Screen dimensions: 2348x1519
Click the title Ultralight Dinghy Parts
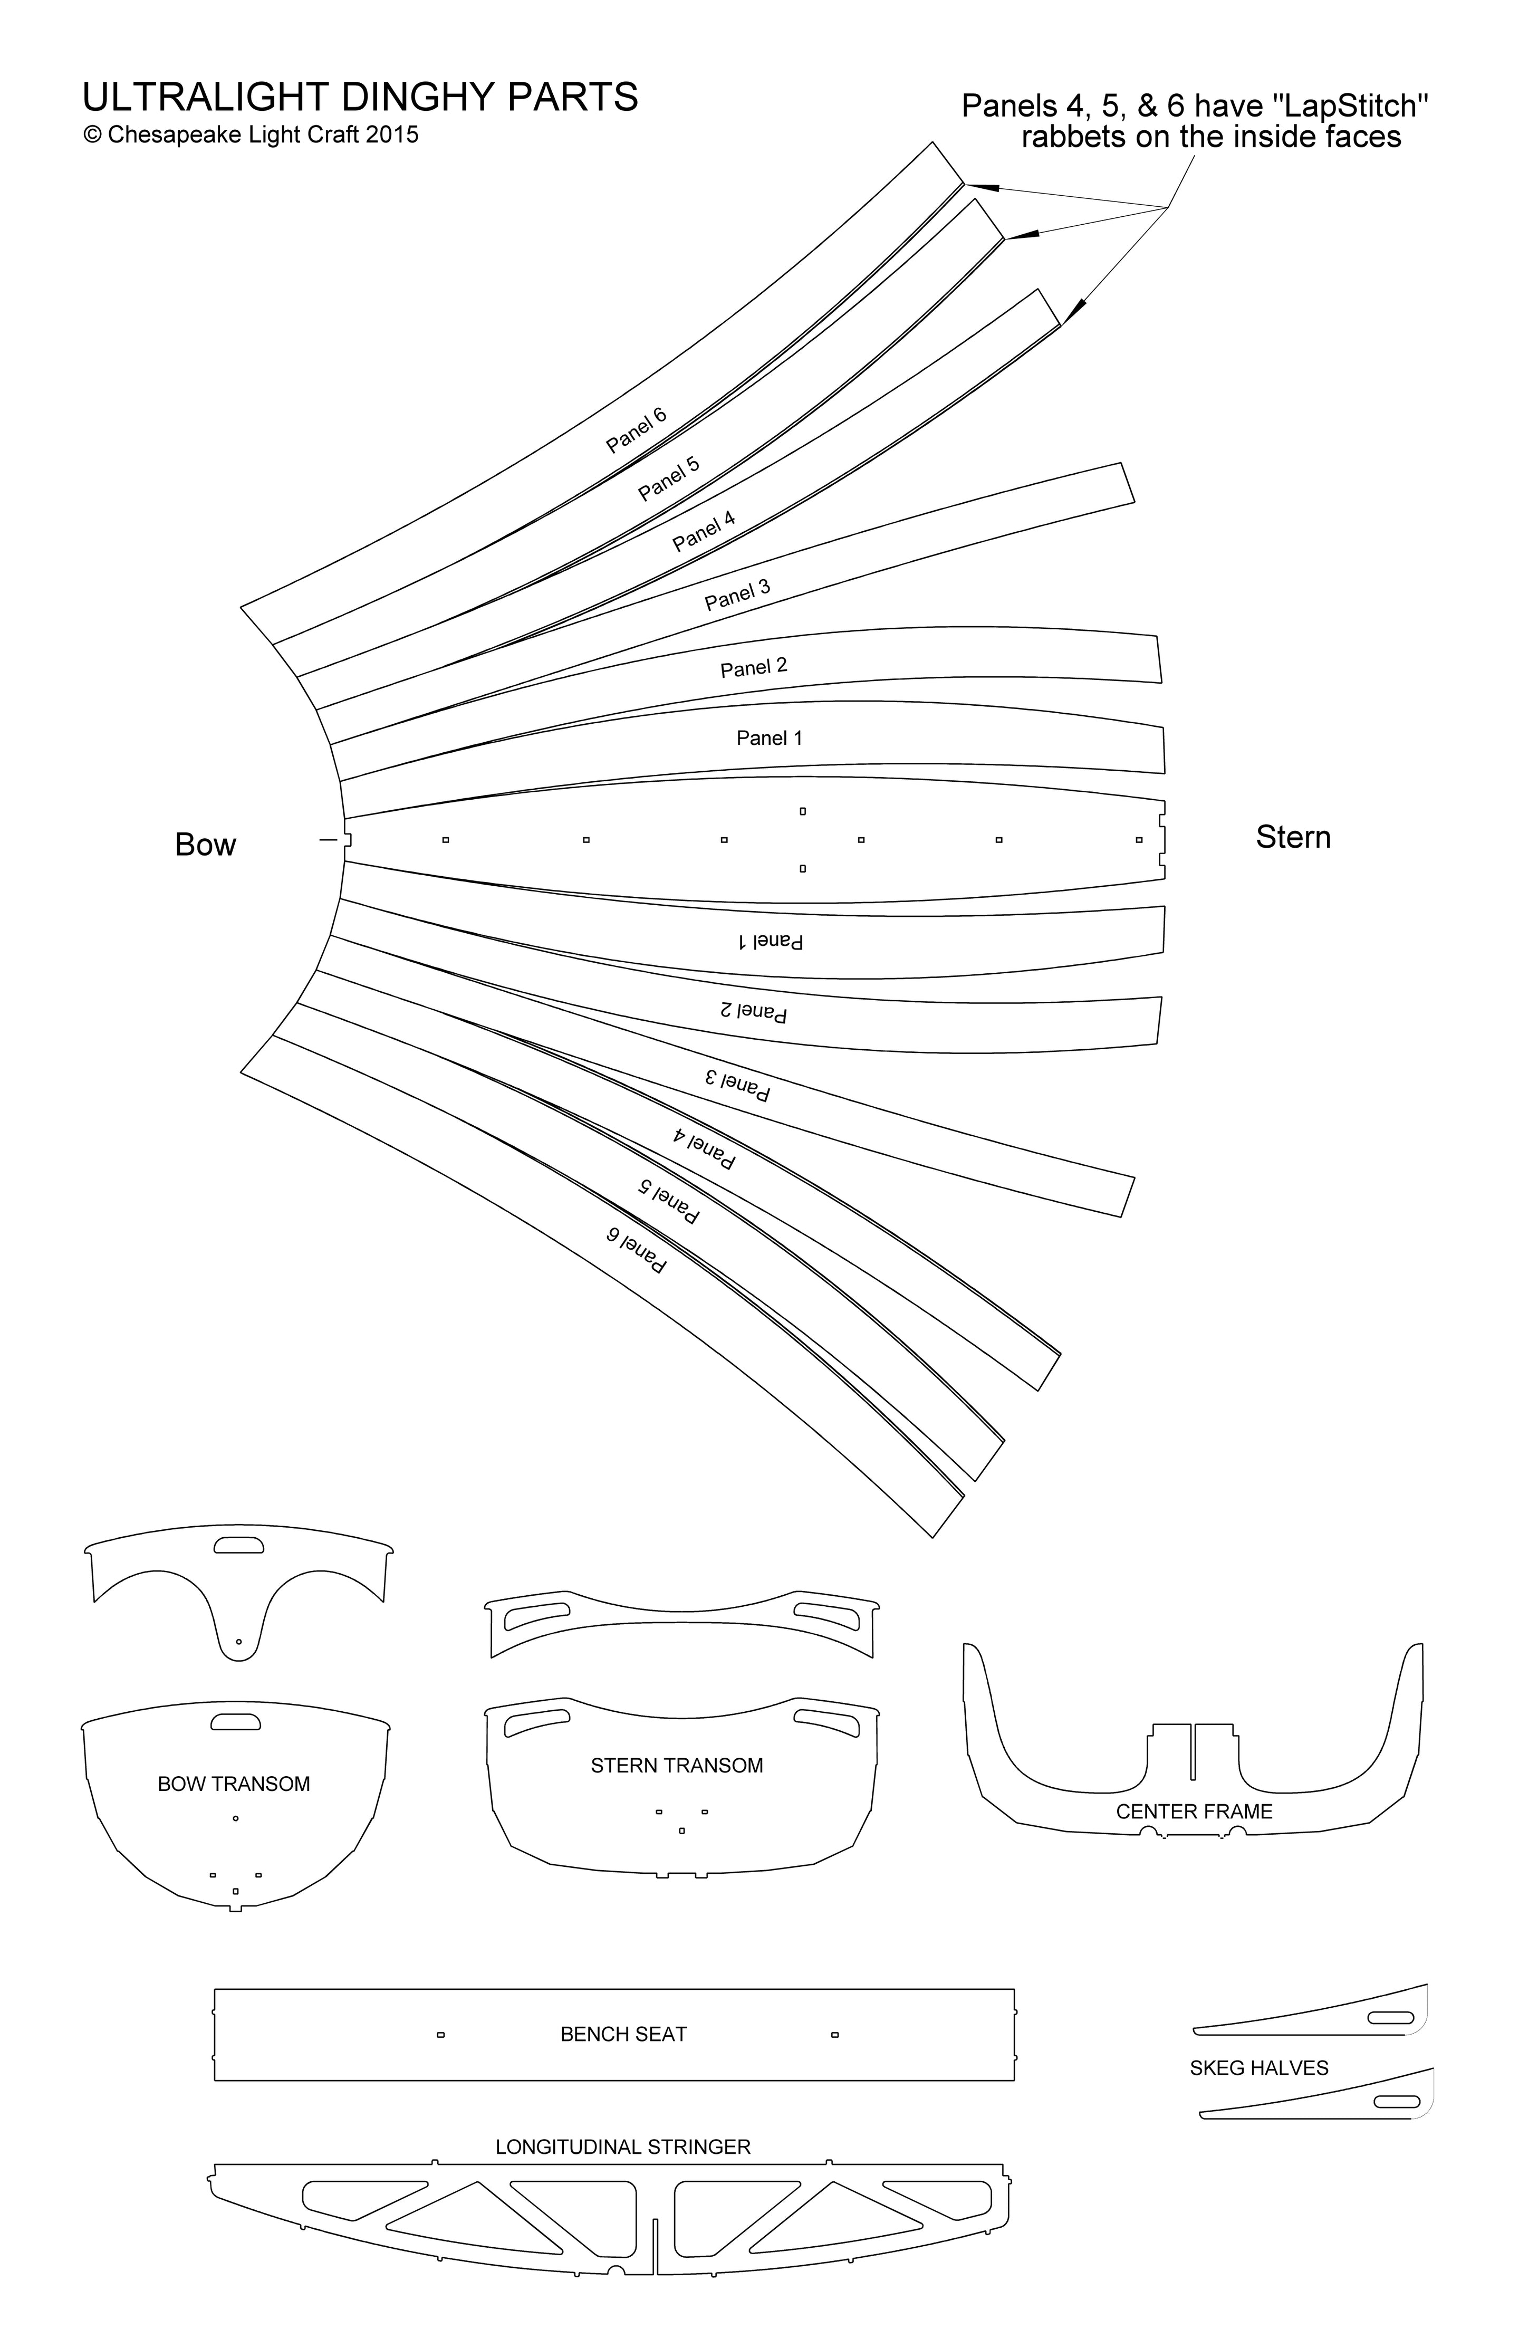(360, 97)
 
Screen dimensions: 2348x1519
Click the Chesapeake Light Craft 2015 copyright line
(251, 135)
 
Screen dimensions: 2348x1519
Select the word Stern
(1293, 838)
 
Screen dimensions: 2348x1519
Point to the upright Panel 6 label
(636, 429)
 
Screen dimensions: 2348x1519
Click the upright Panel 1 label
(770, 738)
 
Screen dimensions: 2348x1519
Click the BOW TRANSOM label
(234, 1784)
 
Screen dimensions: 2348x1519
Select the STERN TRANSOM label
(677, 1766)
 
